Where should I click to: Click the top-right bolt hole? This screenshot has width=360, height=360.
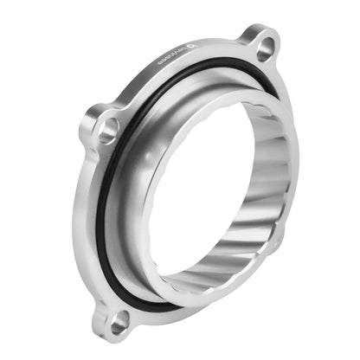[265, 42]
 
